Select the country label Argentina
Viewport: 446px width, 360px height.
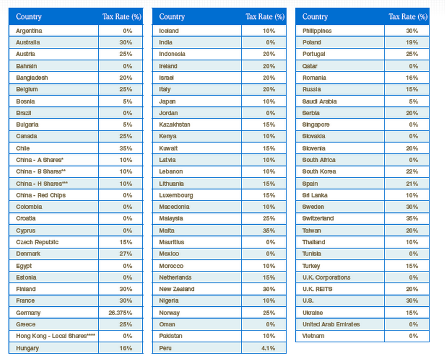(x=29, y=31)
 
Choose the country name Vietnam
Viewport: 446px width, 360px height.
(x=313, y=336)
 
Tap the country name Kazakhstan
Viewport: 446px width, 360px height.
(x=175, y=125)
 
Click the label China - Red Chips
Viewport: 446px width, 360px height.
(x=41, y=195)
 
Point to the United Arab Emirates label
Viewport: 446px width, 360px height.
(x=331, y=325)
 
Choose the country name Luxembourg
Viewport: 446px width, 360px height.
(x=176, y=195)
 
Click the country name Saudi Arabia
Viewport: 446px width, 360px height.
(x=320, y=101)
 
